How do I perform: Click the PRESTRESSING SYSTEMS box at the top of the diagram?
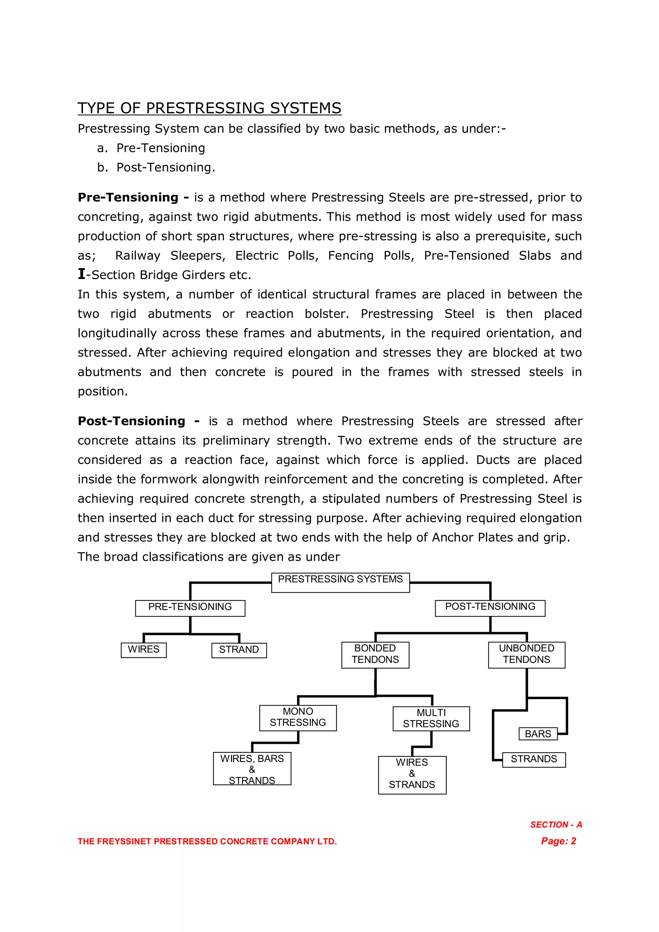340,582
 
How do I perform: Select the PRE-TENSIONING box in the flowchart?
190,608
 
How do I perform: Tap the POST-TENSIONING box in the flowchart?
490,608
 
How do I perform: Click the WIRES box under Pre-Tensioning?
144,650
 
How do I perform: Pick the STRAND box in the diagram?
239,650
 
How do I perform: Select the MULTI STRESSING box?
431,719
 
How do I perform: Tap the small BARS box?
538,734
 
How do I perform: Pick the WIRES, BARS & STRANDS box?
252,769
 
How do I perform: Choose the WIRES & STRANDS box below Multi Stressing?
412,774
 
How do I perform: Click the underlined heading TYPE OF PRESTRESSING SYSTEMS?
209,108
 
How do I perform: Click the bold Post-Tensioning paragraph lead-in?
132,421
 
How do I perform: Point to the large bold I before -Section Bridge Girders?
82,274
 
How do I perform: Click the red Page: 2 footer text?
558,841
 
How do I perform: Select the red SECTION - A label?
556,825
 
